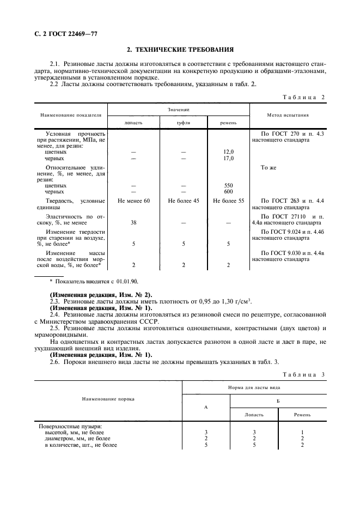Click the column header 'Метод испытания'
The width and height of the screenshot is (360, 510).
288,116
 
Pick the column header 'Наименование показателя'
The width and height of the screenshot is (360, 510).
70,116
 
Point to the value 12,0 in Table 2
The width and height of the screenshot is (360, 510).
228,151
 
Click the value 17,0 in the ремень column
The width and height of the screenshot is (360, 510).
228,158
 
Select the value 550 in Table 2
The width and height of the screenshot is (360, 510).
228,185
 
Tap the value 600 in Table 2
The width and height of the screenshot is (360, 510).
228,192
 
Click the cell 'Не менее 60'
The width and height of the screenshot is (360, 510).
133,202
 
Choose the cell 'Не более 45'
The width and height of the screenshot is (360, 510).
183,202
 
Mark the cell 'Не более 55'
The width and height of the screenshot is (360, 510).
228,202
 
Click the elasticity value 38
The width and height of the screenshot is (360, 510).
133,222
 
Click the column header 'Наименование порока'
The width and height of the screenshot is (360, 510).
108,399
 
